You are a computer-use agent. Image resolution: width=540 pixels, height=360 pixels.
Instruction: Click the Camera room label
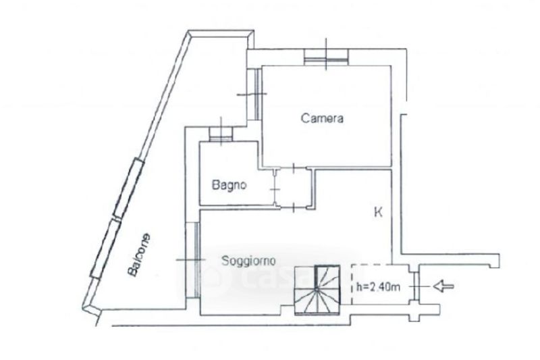point(322,118)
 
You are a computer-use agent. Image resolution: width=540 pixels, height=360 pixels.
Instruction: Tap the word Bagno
point(229,185)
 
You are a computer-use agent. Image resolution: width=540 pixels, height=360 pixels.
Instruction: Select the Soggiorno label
point(248,261)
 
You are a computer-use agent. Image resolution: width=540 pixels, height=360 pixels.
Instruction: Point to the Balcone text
point(139,255)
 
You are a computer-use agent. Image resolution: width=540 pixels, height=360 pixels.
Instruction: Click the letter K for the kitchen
point(378,212)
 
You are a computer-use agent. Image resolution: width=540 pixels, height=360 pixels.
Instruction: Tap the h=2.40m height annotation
point(378,286)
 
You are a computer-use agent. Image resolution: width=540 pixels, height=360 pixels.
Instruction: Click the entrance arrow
point(443,286)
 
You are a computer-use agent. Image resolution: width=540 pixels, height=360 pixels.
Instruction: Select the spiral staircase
point(317,290)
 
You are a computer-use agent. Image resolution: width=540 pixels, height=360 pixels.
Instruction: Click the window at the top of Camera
point(326,57)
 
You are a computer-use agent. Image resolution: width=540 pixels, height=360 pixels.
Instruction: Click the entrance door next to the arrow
point(415,286)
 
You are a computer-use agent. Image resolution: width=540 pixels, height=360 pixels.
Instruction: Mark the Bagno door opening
point(275,189)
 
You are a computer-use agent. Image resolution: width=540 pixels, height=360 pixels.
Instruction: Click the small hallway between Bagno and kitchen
point(294,188)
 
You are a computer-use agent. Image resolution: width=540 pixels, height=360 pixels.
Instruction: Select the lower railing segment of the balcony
point(105,248)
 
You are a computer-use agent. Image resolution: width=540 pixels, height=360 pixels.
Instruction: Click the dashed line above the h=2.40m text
point(372,265)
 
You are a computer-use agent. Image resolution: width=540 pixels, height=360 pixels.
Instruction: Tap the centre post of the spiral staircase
point(317,290)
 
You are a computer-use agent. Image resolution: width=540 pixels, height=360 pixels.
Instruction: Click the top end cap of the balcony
point(221,34)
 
